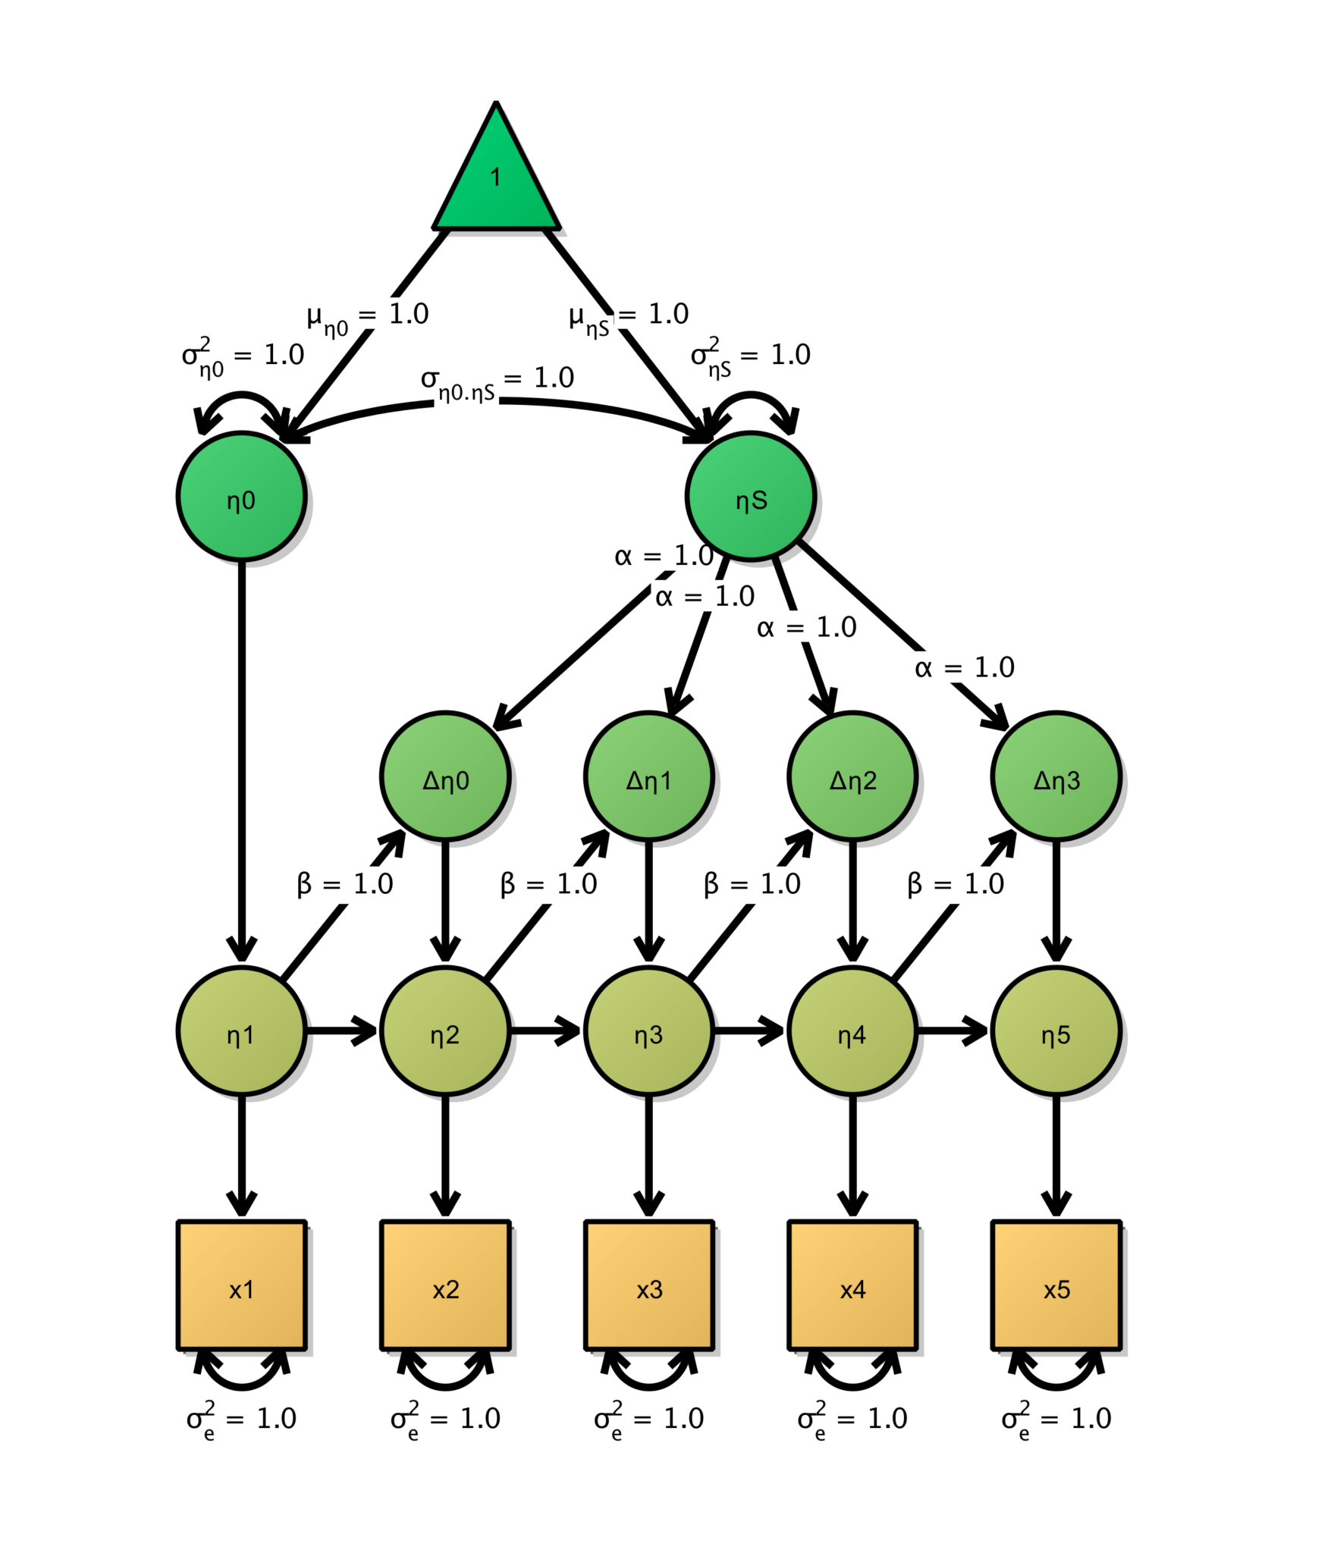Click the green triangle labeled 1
[495, 182]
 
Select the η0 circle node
[241, 497]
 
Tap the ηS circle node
[750, 497]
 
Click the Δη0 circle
[445, 776]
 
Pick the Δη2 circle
[852, 776]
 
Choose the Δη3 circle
[1056, 776]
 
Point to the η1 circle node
[241, 1031]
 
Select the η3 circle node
[648, 1031]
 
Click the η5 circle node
[1056, 1031]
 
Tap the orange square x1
[241, 1285]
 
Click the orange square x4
[852, 1285]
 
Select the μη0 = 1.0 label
[368, 317]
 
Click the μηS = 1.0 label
[629, 317]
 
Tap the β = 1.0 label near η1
[345, 884]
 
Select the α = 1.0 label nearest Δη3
[964, 668]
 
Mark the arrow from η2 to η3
[545, 1031]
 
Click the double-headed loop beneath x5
[1056, 1382]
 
